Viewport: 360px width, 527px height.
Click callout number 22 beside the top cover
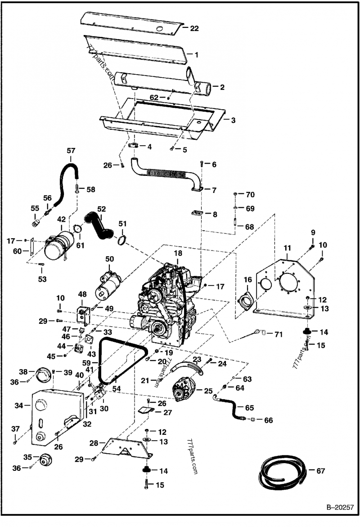point(194,28)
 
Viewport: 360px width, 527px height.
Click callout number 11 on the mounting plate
point(287,248)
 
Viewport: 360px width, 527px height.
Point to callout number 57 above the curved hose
point(71,151)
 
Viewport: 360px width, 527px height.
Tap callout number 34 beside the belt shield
point(18,406)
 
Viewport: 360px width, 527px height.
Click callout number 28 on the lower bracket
point(93,443)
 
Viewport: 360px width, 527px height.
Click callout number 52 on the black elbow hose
point(101,209)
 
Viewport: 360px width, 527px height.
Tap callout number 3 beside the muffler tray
point(233,120)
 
